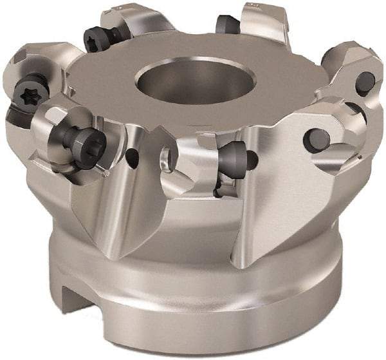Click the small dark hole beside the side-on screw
click(x=252, y=160)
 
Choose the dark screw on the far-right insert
click(x=365, y=82)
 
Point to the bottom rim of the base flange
click(x=206, y=348)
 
